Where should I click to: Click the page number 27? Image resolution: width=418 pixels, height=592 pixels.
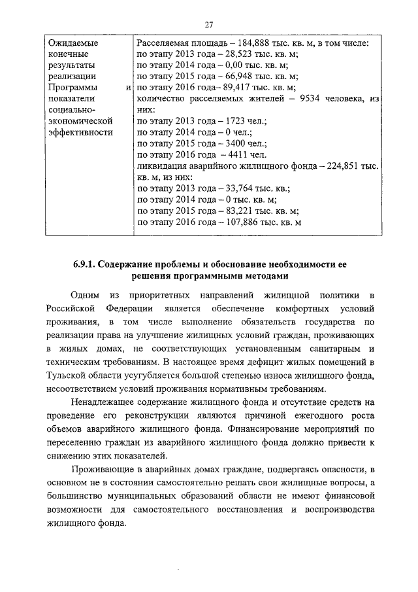[209, 25]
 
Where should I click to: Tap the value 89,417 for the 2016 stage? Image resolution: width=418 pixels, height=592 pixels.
[240, 87]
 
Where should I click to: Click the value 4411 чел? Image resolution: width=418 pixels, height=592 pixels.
[239, 154]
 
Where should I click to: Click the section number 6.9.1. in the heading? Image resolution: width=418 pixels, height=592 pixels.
[84, 264]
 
